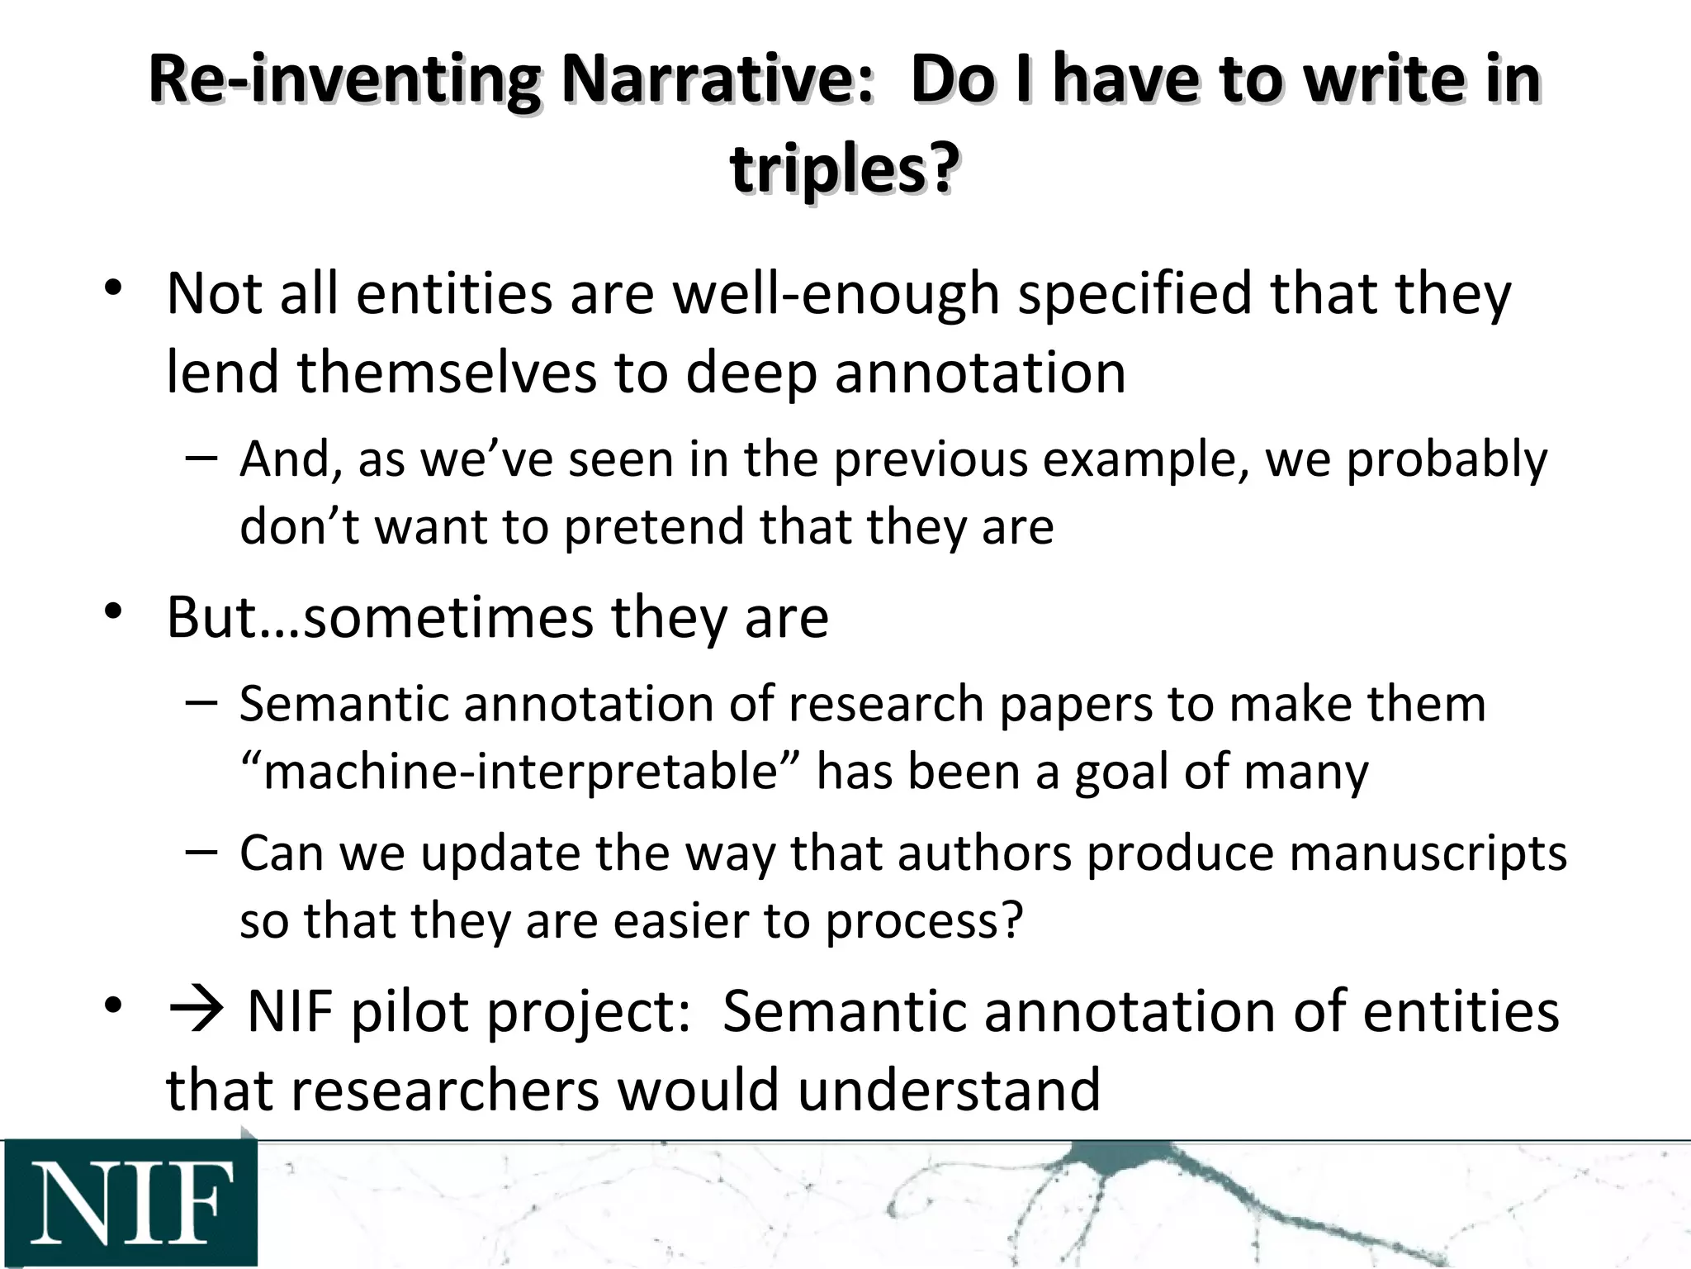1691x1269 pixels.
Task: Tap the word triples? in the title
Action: tap(845, 169)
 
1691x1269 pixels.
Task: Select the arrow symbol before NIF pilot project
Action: tap(196, 1011)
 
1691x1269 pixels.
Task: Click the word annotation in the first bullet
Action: tap(980, 373)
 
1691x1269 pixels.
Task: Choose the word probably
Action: tap(1447, 459)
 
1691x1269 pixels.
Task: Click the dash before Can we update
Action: tap(202, 851)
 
